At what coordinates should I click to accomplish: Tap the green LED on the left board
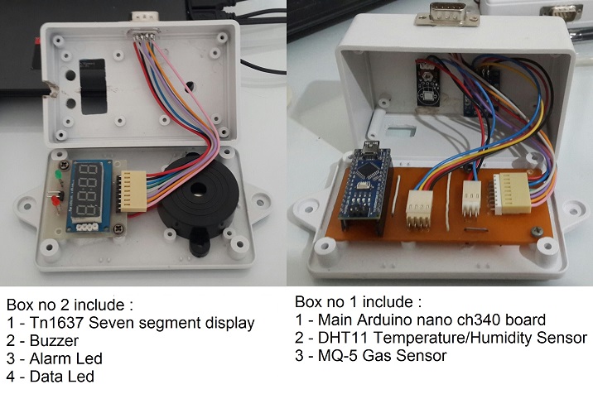56,175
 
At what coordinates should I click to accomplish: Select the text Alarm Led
56,358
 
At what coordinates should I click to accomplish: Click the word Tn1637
51,322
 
